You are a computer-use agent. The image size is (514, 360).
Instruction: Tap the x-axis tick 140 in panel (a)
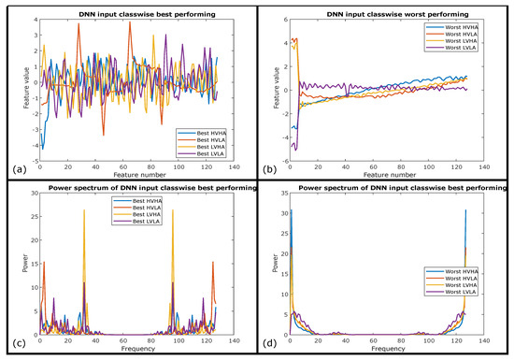click(x=236, y=166)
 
